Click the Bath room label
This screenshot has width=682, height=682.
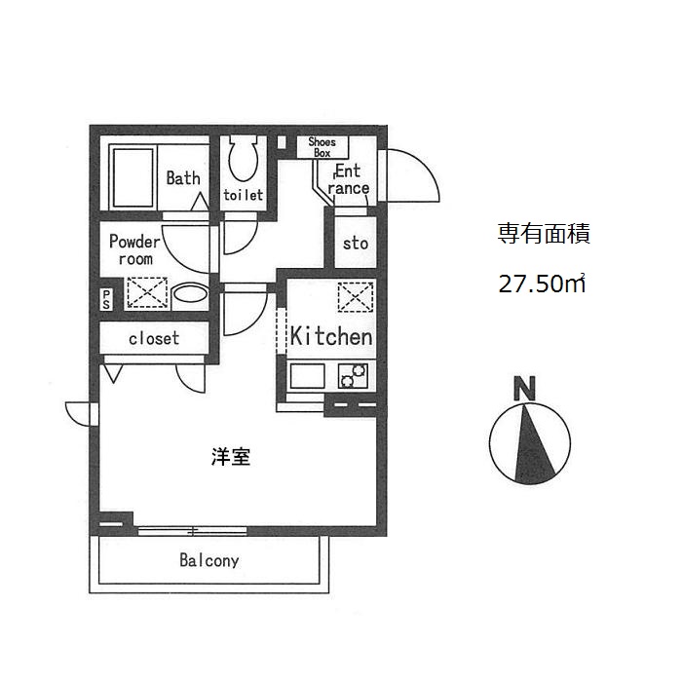pos(183,178)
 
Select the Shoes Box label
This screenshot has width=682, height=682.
pos(322,147)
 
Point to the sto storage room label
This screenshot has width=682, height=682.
pos(356,243)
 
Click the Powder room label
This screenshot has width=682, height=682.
pos(133,249)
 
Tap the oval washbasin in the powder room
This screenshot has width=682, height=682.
pos(189,293)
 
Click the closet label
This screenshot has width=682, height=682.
pos(154,338)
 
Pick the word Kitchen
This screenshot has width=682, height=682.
pos(331,337)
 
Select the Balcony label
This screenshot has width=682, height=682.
pos(208,561)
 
